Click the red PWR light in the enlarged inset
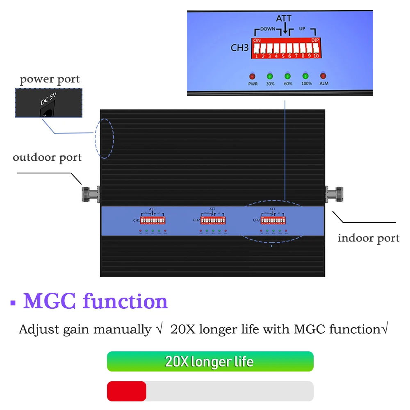tap(252, 76)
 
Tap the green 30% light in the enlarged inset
tap(270, 76)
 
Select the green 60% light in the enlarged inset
tap(287, 76)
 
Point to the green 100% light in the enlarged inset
tap(305, 76)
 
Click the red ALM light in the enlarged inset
tap(323, 76)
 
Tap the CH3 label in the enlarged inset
tap(240, 48)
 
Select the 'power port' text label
tap(50, 79)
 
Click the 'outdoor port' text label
tap(47, 157)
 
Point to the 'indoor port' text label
tap(368, 238)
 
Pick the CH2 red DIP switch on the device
tap(212, 220)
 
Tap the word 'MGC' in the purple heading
tap(50, 301)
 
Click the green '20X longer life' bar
tap(210, 362)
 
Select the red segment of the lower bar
tap(126, 391)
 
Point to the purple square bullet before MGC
tap(13, 304)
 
